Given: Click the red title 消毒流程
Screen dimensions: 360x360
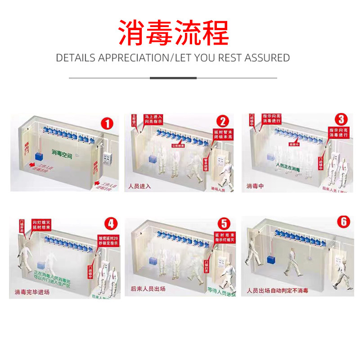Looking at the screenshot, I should [x=173, y=32].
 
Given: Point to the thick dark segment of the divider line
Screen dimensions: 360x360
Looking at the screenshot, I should [x=173, y=78].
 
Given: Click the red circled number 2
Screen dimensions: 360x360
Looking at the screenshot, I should [x=222, y=121].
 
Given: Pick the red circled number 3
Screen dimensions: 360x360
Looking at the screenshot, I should [x=342, y=120].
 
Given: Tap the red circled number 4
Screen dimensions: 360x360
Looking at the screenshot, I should [x=110, y=224].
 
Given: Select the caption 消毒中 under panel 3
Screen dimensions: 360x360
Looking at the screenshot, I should [x=255, y=186].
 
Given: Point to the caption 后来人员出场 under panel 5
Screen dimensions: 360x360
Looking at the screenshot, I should [x=148, y=289].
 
